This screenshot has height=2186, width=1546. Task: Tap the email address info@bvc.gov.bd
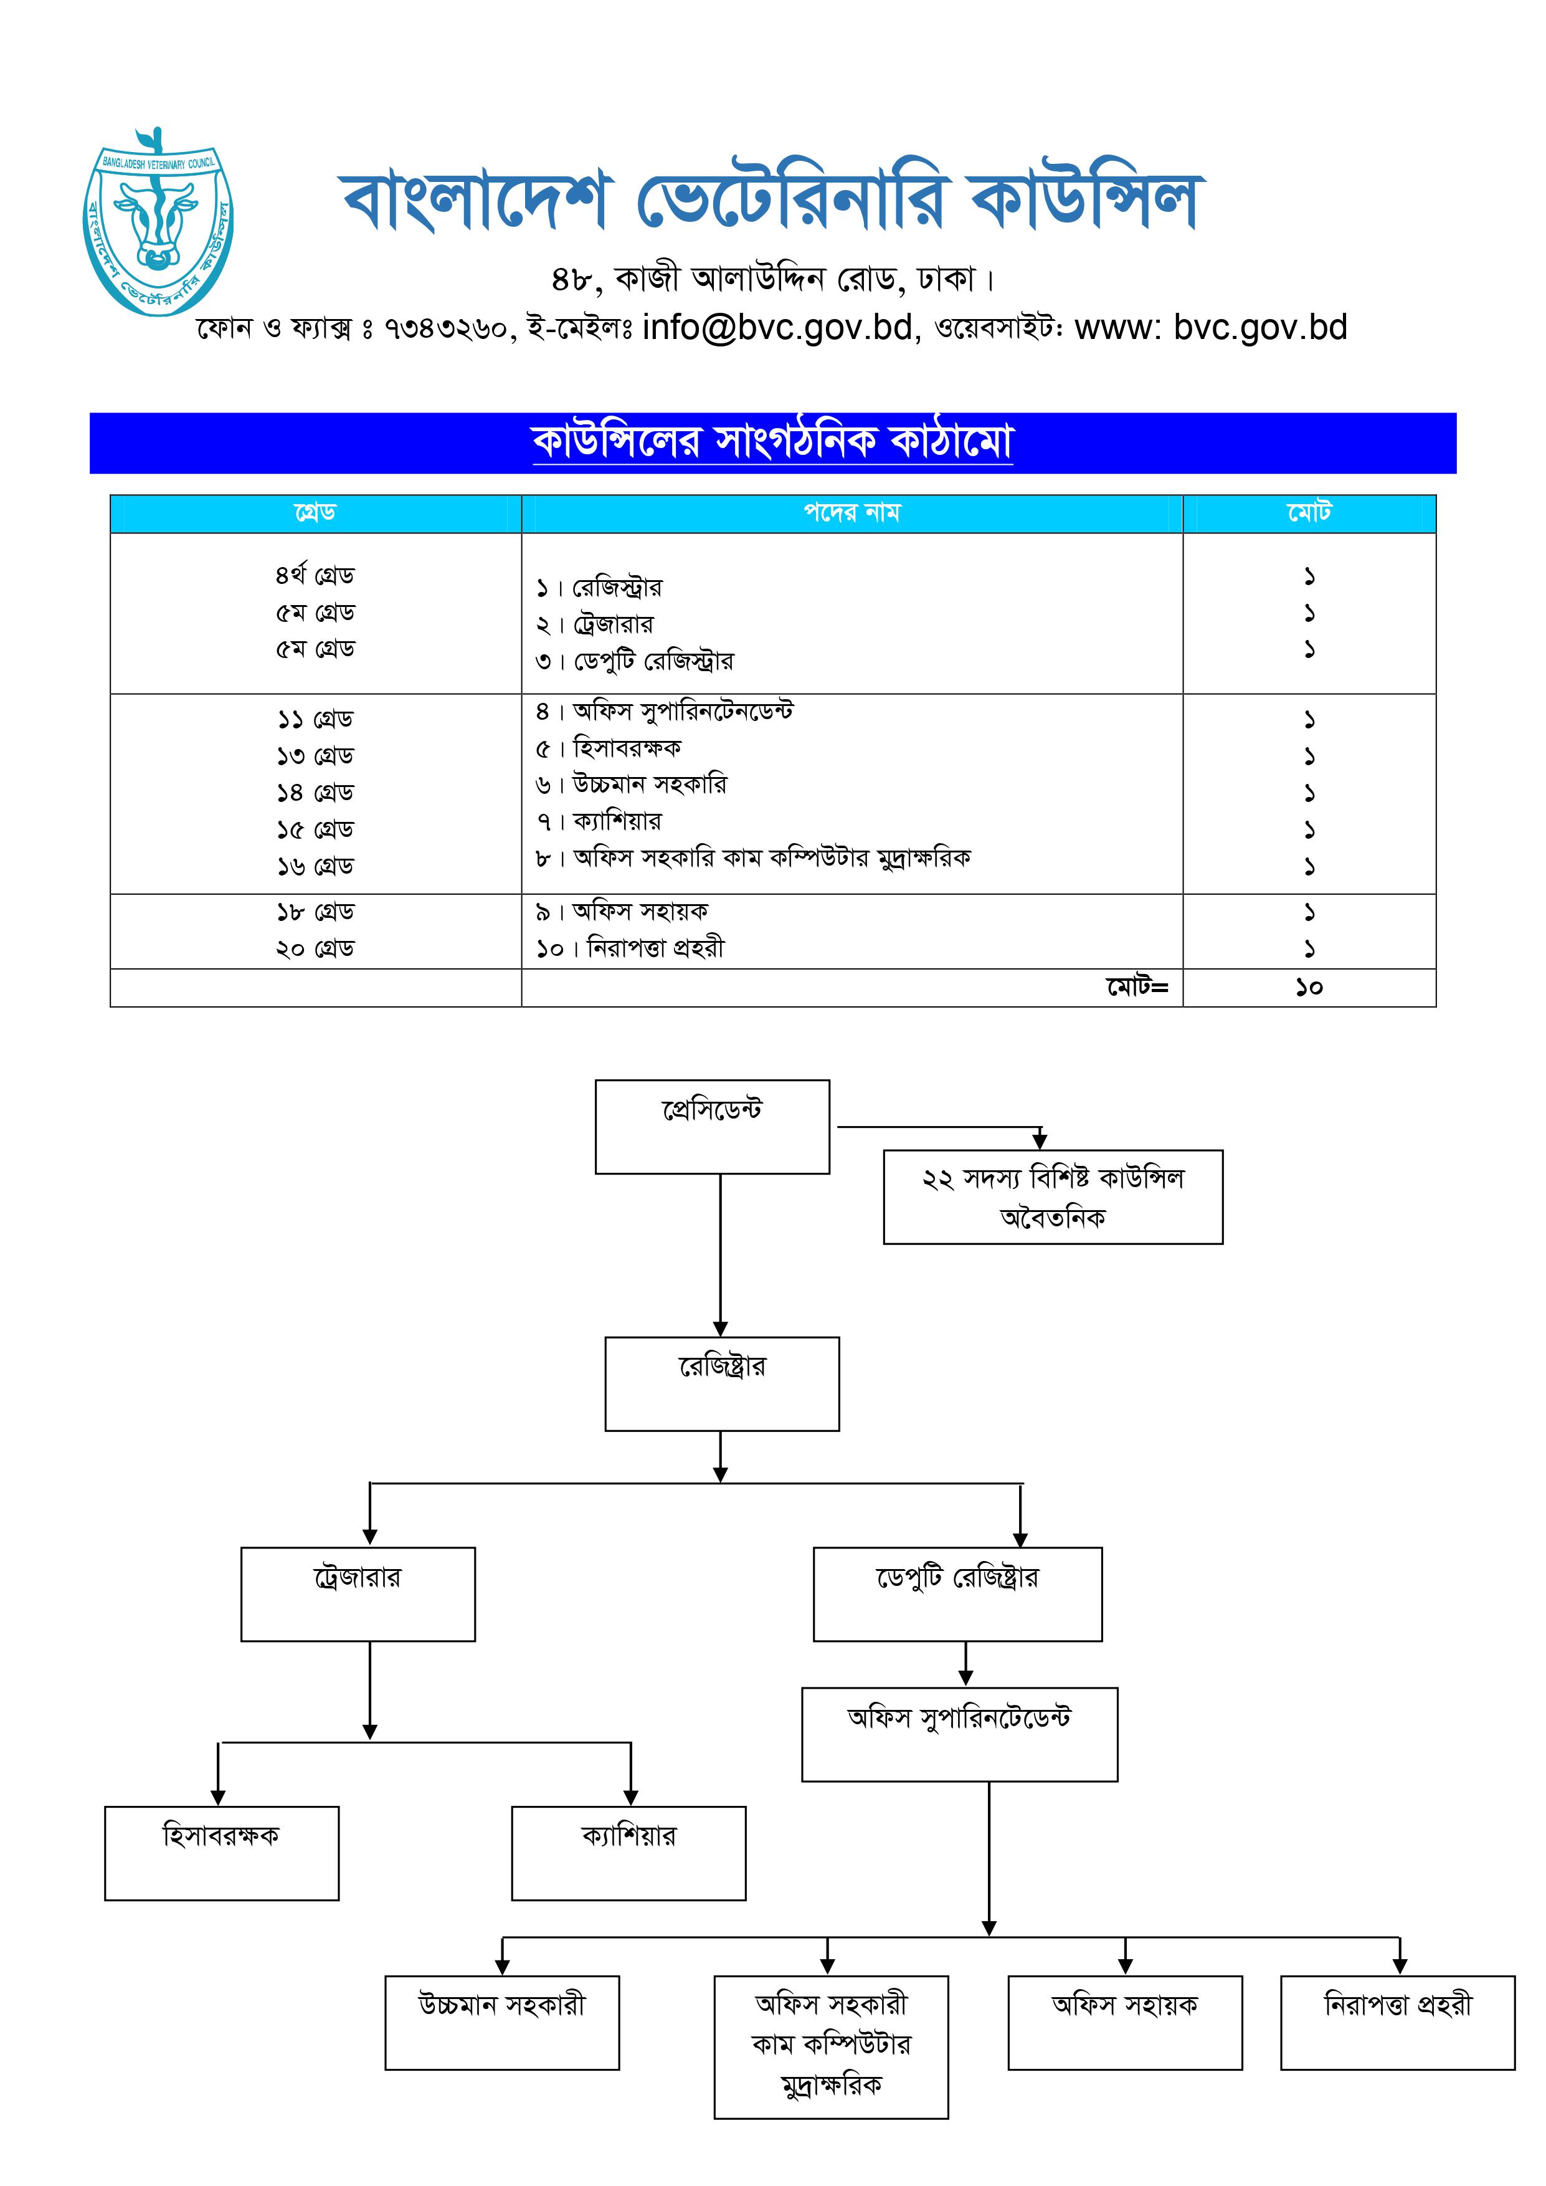point(777,328)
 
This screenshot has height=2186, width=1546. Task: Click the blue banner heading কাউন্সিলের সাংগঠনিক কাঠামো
point(772,442)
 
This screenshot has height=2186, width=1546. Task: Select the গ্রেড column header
point(315,513)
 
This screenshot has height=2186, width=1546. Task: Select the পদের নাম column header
point(851,513)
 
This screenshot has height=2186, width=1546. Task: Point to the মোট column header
point(1309,513)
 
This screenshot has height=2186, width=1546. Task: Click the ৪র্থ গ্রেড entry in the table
point(315,576)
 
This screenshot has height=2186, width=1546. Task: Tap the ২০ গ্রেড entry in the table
point(315,949)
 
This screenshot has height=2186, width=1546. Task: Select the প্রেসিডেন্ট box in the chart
point(712,1126)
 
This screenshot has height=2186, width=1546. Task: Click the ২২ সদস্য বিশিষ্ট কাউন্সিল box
point(1053,1197)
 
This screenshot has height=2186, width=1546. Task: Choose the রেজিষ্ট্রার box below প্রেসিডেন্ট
point(721,1383)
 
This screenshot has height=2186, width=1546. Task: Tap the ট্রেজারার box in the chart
point(358,1594)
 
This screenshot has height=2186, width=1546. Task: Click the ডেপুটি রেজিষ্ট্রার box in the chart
point(957,1594)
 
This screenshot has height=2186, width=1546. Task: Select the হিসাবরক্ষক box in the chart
point(222,1853)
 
